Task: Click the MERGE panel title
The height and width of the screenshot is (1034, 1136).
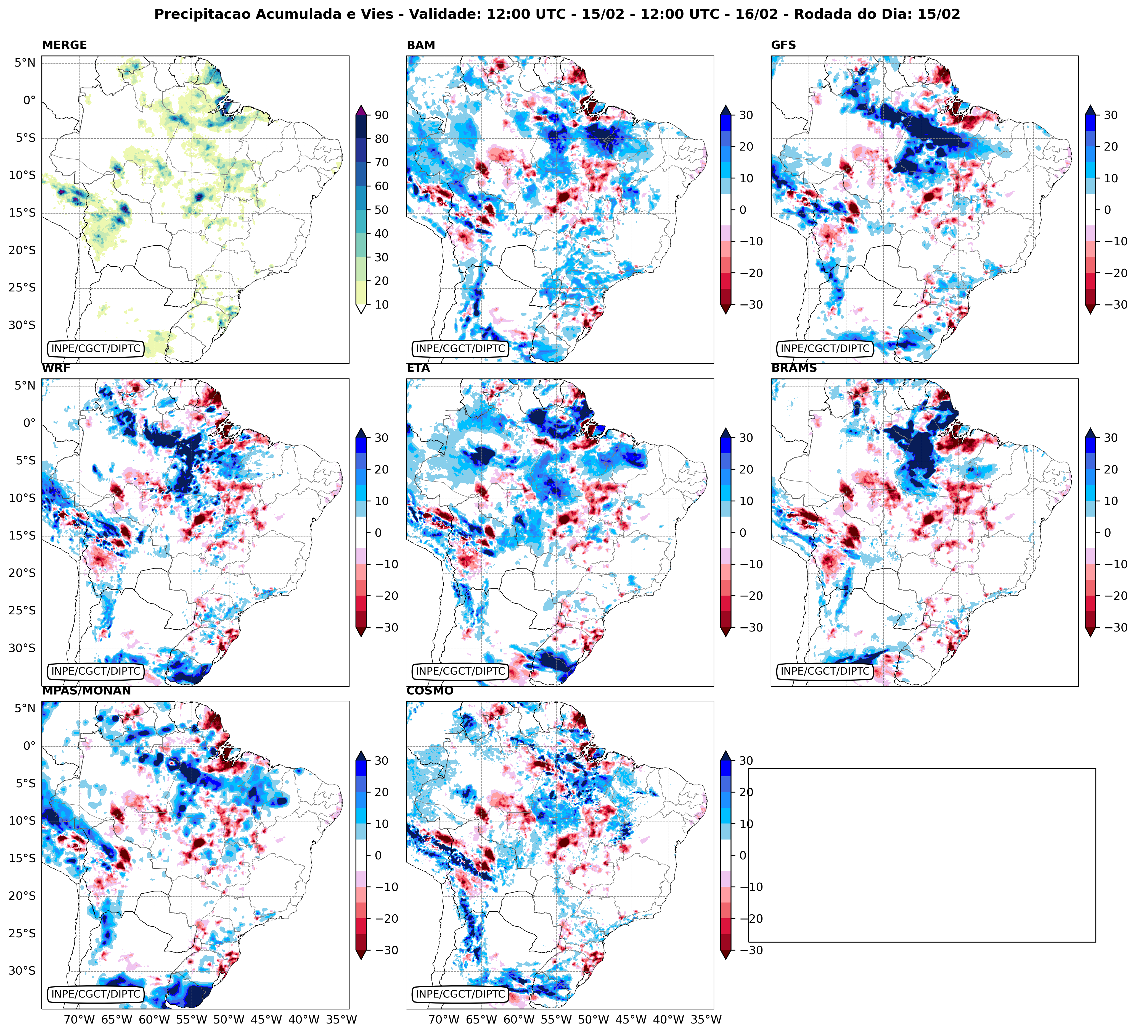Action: click(64, 45)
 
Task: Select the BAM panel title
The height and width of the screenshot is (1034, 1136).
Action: click(420, 45)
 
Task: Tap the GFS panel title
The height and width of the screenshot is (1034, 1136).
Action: click(783, 45)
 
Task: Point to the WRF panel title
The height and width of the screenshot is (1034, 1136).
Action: click(56, 368)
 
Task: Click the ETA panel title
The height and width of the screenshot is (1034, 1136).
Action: click(418, 368)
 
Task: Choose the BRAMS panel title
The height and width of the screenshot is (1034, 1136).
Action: click(793, 368)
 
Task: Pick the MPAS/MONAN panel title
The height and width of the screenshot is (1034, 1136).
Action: click(86, 691)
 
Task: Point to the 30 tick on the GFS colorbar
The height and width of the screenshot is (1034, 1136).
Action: click(1110, 115)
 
